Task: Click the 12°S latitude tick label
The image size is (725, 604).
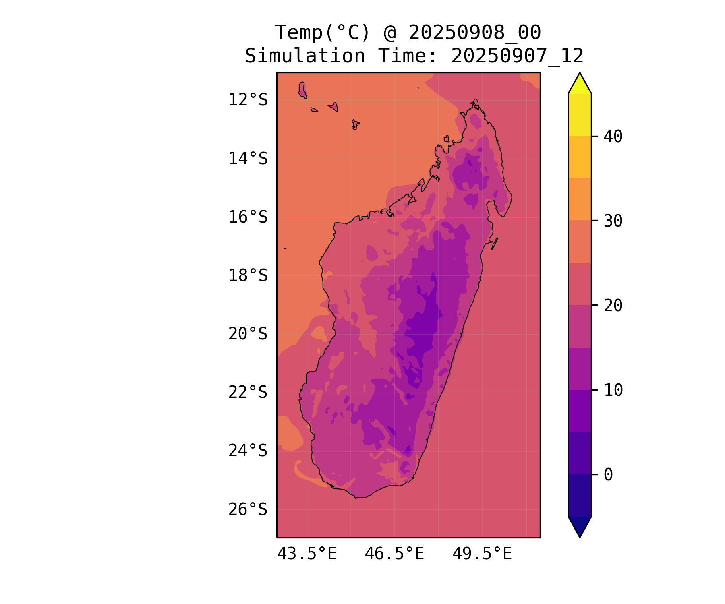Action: (248, 100)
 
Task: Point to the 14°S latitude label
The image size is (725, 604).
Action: (248, 159)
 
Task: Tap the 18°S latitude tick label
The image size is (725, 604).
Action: (248, 275)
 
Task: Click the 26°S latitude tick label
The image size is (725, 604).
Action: (248, 509)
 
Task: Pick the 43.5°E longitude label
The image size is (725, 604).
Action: (307, 554)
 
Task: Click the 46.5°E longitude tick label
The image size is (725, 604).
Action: (394, 554)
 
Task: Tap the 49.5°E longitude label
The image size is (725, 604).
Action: (482, 554)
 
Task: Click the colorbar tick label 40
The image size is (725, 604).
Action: (613, 137)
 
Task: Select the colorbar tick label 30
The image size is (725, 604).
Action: (613, 221)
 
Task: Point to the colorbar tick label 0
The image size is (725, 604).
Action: (608, 475)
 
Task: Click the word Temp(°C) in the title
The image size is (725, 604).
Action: (322, 33)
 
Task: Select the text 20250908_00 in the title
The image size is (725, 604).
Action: (474, 33)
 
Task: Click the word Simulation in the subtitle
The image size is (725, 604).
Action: (305, 56)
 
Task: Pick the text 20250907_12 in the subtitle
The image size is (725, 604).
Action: (517, 56)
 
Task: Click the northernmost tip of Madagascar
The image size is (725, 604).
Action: (476, 100)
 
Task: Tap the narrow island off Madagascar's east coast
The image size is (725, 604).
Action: (495, 243)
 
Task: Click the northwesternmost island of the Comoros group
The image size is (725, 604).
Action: (302, 90)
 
